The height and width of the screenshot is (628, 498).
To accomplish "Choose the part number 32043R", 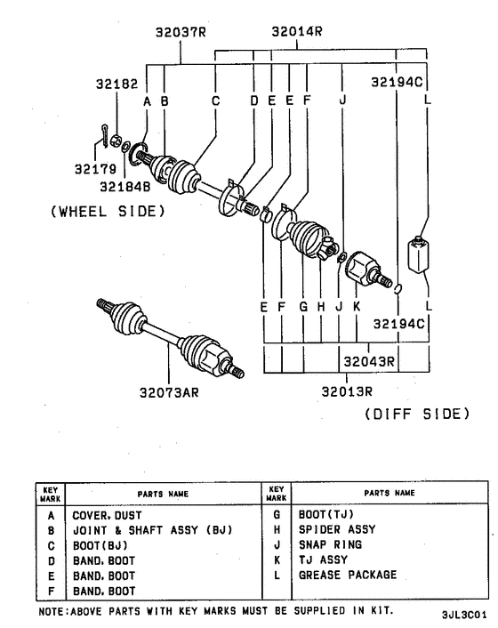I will click(x=370, y=361).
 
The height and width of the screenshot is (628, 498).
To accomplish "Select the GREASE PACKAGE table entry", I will click(x=347, y=575).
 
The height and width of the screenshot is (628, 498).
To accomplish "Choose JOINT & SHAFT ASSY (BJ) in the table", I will click(x=152, y=529).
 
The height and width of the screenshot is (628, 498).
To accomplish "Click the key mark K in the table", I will click(x=277, y=560).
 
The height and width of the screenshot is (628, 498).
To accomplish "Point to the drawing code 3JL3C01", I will click(x=463, y=614).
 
